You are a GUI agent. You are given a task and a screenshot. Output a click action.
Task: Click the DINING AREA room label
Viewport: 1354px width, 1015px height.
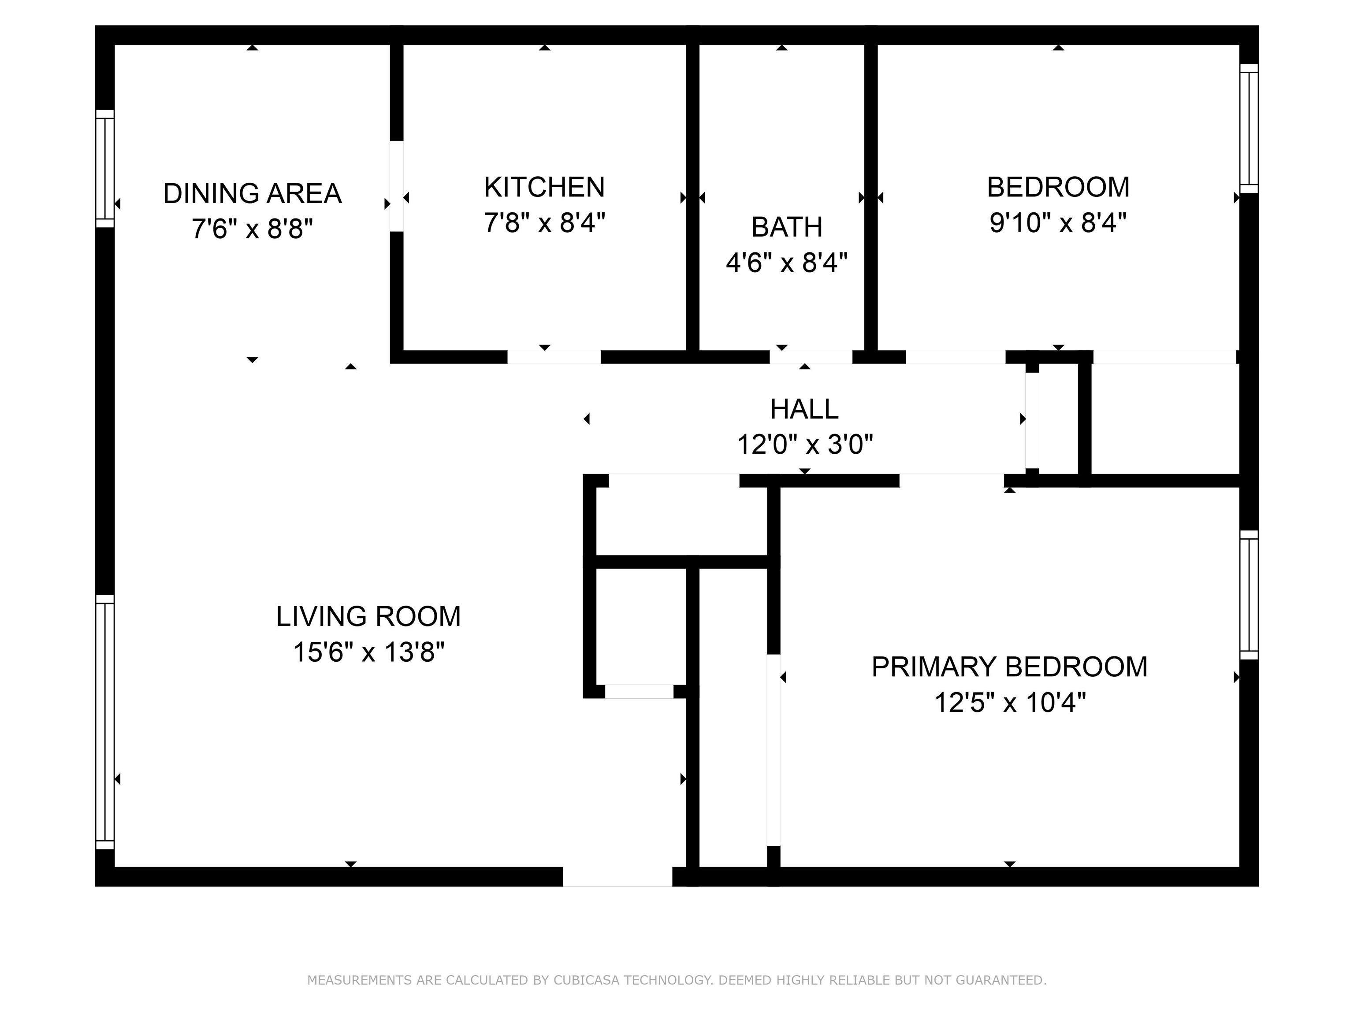(x=252, y=193)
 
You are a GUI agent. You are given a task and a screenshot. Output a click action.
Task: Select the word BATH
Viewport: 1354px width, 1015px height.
(x=787, y=227)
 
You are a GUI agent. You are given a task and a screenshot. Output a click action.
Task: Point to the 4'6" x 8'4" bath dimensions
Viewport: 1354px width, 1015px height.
(x=787, y=263)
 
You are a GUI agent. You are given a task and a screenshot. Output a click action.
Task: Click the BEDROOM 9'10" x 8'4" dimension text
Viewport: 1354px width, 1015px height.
(x=1058, y=223)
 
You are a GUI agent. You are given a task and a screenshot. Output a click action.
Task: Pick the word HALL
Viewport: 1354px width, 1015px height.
(x=804, y=409)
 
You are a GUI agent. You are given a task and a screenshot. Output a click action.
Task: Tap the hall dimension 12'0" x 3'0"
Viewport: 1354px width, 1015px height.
(x=804, y=445)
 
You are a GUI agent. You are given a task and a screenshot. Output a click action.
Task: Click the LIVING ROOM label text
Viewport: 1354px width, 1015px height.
(x=368, y=616)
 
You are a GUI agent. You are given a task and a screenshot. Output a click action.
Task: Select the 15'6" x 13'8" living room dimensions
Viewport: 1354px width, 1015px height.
(x=368, y=652)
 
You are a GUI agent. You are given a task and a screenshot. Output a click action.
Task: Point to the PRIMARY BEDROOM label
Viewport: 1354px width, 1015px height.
(x=1009, y=667)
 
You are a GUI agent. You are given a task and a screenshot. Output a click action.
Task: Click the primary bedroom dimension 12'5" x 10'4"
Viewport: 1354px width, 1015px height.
(x=1009, y=702)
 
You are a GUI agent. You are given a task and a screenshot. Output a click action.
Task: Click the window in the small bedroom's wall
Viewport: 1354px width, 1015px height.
(x=1249, y=129)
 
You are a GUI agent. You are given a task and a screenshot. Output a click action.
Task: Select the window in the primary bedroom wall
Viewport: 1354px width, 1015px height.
(x=1249, y=595)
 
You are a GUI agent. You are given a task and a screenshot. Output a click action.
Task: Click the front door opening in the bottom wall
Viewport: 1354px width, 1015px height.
(x=617, y=876)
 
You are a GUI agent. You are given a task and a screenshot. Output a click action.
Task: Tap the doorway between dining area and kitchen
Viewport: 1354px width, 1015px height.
(x=397, y=186)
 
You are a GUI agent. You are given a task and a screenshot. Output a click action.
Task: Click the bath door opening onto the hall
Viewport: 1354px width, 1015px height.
(x=811, y=357)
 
